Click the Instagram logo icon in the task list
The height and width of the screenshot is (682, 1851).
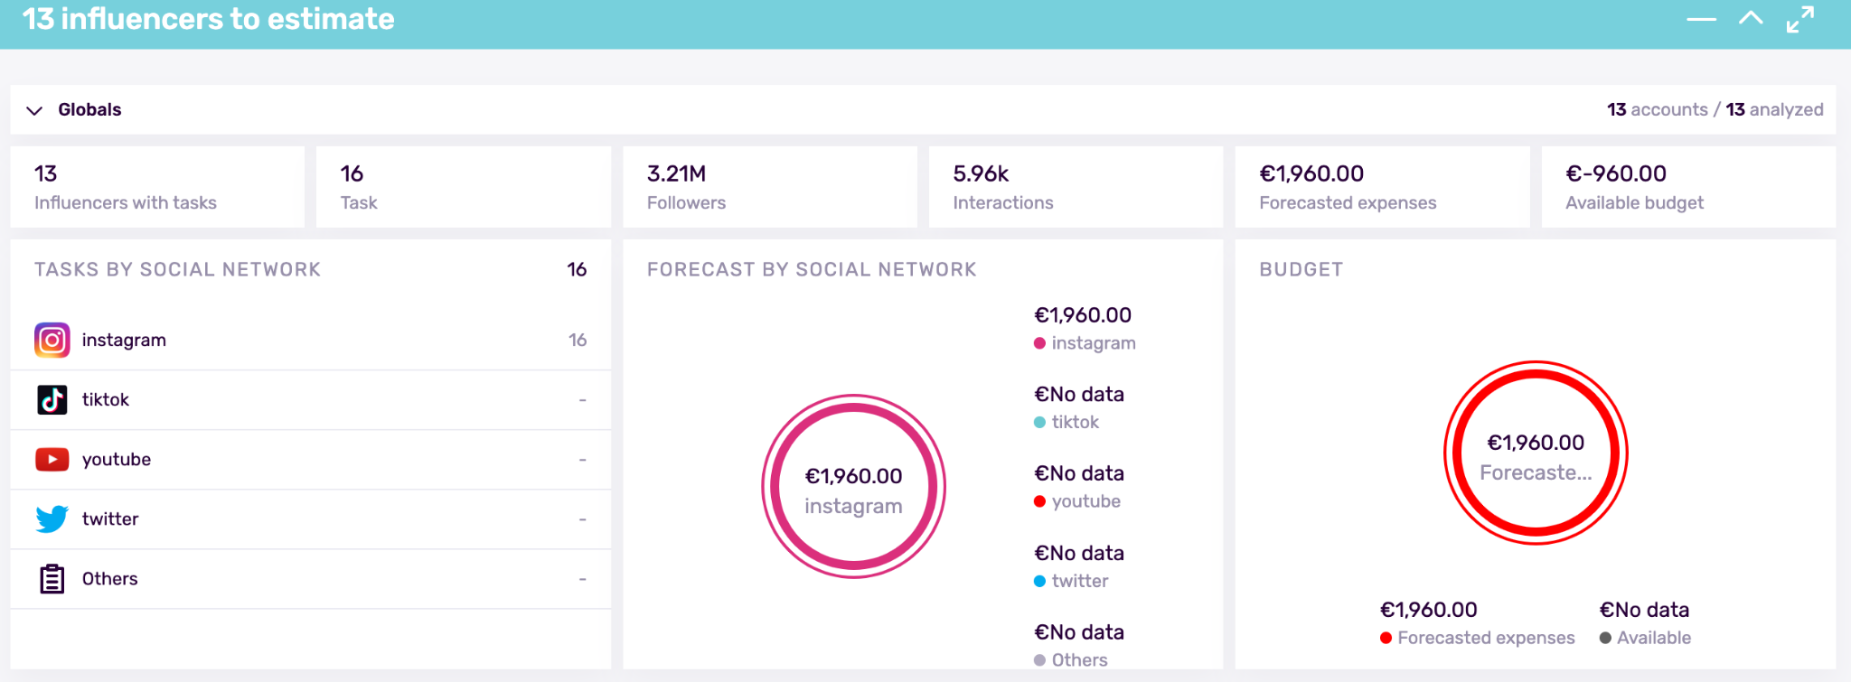[52, 341]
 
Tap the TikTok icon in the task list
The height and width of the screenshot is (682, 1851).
[52, 399]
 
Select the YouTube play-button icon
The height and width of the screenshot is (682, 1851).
[52, 460]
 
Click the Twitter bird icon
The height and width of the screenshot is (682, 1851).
[52, 519]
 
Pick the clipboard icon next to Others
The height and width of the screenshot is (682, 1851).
[52, 579]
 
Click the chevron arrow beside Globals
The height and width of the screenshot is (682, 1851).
[34, 110]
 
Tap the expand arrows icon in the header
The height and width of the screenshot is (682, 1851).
[1799, 19]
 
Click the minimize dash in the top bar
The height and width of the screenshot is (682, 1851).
[1701, 19]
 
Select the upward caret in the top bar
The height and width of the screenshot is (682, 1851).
[1751, 18]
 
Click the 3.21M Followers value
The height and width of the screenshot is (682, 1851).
[676, 173]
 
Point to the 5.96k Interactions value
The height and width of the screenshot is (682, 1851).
[981, 173]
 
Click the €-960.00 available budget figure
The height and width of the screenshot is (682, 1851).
[1616, 173]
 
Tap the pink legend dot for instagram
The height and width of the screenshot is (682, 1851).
[1039, 343]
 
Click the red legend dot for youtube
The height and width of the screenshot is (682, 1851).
[1039, 501]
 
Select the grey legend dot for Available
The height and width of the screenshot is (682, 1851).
[1605, 638]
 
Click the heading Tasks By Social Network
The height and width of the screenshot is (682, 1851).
[177, 269]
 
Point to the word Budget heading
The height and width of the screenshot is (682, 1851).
[1301, 269]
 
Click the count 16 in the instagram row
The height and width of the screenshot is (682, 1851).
[578, 341]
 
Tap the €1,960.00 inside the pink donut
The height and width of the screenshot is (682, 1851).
[853, 476]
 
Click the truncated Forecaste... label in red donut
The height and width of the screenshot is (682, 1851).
[1536, 472]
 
